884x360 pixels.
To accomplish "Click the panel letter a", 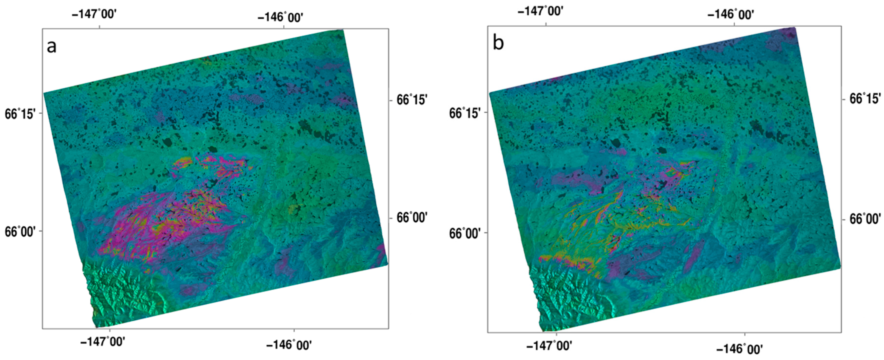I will (x=52, y=47).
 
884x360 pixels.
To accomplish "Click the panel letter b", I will (x=498, y=44).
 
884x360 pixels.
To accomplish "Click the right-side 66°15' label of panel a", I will (x=412, y=100).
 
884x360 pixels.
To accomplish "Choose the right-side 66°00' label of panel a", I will (x=412, y=218).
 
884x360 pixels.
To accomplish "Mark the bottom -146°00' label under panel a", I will (x=289, y=345).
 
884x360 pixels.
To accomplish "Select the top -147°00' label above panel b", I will (x=540, y=11).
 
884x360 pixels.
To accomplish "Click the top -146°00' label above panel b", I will (x=731, y=15).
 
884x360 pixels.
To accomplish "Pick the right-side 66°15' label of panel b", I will (x=864, y=99).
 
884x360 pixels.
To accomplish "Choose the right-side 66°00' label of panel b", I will (x=864, y=218).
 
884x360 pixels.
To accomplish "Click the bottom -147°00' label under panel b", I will (x=549, y=346).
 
